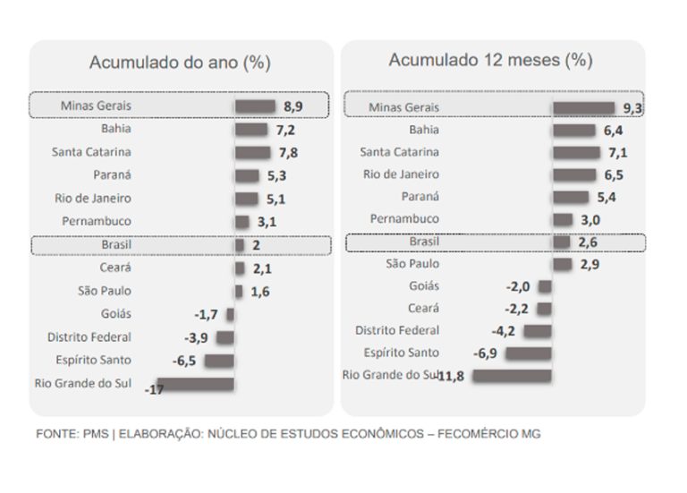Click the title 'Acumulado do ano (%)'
pyautogui.click(x=179, y=63)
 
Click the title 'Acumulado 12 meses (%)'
pyautogui.click(x=491, y=60)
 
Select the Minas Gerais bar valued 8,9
pyautogui.click(x=256, y=106)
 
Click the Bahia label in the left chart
pyautogui.click(x=115, y=129)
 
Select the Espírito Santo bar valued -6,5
pyautogui.click(x=219, y=361)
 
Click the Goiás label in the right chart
pyautogui.click(x=424, y=286)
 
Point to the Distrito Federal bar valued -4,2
pyautogui.click(x=538, y=331)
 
